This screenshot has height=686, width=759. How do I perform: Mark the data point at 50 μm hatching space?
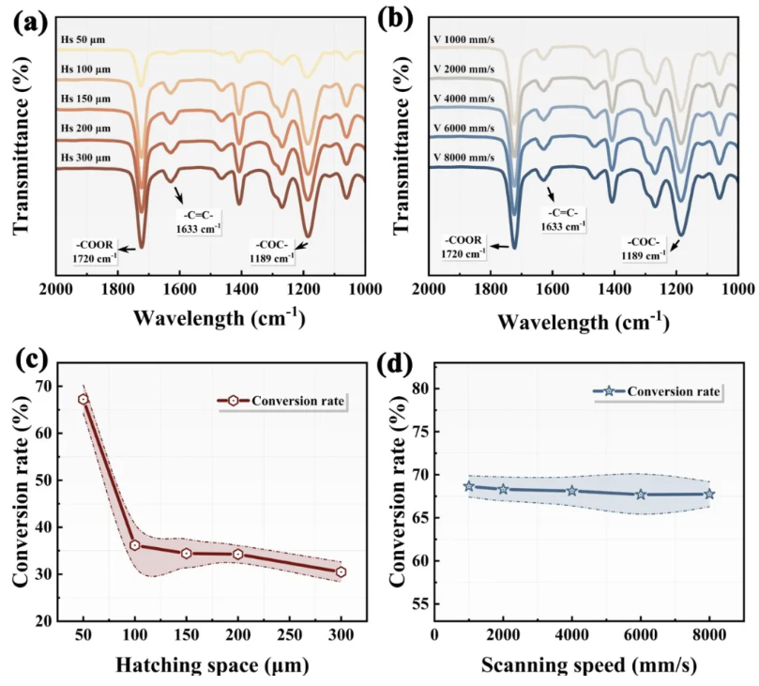coord(83,400)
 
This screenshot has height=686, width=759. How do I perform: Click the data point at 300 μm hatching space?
coord(341,572)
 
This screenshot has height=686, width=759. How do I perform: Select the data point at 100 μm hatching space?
coord(135,545)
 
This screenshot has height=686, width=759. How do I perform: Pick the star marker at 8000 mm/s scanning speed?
coord(709,494)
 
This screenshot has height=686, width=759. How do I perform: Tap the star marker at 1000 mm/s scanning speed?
coord(468,486)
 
